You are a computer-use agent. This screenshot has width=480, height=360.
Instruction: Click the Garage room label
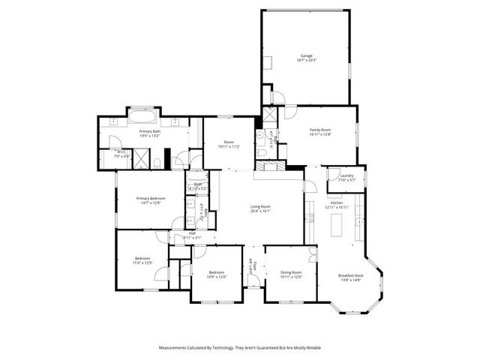(x=306, y=56)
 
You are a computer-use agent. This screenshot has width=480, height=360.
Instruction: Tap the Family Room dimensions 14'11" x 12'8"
(x=321, y=134)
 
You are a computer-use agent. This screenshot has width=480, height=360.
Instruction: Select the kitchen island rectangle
(x=337, y=223)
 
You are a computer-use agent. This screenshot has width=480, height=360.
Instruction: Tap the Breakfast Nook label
(x=350, y=275)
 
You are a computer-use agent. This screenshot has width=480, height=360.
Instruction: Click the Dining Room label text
(x=291, y=272)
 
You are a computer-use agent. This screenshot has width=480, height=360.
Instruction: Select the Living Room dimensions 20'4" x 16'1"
(x=260, y=211)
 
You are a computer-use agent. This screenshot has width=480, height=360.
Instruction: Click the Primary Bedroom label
(x=151, y=198)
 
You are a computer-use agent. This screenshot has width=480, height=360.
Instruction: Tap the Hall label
(x=192, y=233)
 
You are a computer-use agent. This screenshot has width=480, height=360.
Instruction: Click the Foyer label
(x=254, y=266)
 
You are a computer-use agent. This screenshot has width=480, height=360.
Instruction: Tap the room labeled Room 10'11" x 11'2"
(x=229, y=145)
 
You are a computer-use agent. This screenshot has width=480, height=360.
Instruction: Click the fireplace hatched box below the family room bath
(x=267, y=166)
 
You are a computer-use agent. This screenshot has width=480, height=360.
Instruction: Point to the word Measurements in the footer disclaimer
(x=175, y=349)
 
